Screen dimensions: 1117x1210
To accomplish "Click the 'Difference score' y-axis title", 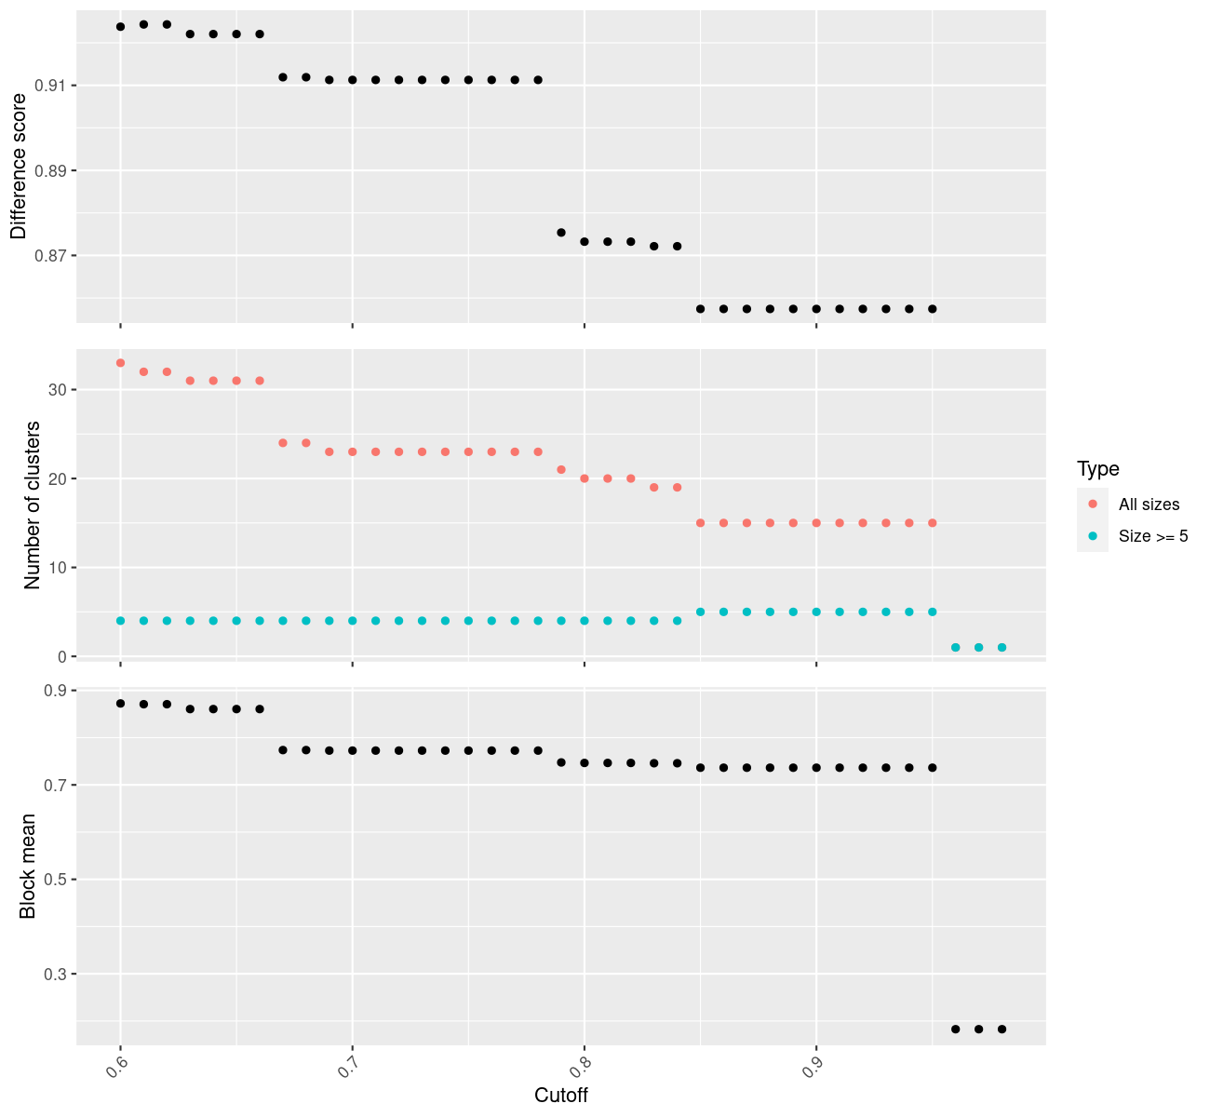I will [19, 167].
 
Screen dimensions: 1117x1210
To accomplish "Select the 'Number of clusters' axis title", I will [33, 505].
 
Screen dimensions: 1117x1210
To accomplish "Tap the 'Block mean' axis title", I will [28, 866].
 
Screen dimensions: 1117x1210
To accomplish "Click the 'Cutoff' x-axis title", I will [561, 1095].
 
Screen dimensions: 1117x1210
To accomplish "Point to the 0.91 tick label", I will [51, 86].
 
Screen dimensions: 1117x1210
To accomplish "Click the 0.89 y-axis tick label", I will [51, 171].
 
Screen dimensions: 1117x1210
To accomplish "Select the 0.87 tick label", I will [51, 256].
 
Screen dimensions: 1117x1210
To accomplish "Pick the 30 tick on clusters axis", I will [58, 390].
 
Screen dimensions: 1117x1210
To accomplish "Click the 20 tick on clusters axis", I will [58, 478].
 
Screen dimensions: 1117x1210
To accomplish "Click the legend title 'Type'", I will [1097, 468].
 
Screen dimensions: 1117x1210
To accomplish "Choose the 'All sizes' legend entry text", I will [1149, 505].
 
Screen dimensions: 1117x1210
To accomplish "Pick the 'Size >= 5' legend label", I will [1153, 536].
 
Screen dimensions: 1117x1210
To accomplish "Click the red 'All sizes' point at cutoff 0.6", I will [120, 363].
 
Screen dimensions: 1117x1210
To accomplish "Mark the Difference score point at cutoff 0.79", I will [561, 233].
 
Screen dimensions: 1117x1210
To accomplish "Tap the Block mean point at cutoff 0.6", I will [120, 704].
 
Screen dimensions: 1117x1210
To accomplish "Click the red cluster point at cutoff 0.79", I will [561, 470].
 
